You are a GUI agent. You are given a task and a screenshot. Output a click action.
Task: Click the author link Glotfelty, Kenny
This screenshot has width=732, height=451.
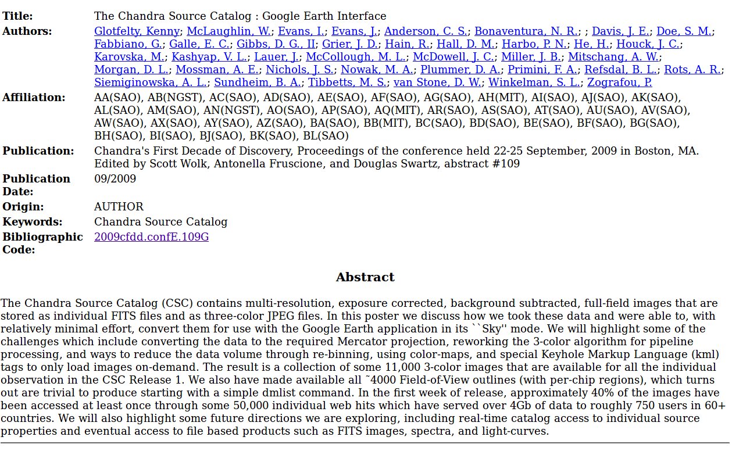(x=137, y=31)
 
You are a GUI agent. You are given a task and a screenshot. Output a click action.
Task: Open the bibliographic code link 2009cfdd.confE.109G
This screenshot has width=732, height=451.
(x=151, y=237)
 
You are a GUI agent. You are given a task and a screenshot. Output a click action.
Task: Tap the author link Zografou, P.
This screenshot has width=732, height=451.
(x=619, y=83)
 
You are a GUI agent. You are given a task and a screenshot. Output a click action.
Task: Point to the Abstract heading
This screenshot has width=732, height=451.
(x=365, y=277)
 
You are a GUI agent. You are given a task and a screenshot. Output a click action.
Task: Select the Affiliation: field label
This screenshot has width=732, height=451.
(x=34, y=98)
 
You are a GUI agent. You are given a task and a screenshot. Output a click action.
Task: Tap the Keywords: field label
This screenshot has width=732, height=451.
(x=32, y=222)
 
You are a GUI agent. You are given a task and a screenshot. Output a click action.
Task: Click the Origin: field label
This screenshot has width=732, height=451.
(x=23, y=207)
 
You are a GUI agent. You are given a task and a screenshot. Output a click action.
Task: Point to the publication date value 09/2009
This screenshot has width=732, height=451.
(x=115, y=179)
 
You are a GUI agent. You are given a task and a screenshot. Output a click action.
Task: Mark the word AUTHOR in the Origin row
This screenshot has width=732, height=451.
(x=119, y=207)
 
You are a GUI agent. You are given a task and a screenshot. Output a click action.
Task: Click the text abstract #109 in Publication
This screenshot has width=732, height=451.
(x=482, y=164)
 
